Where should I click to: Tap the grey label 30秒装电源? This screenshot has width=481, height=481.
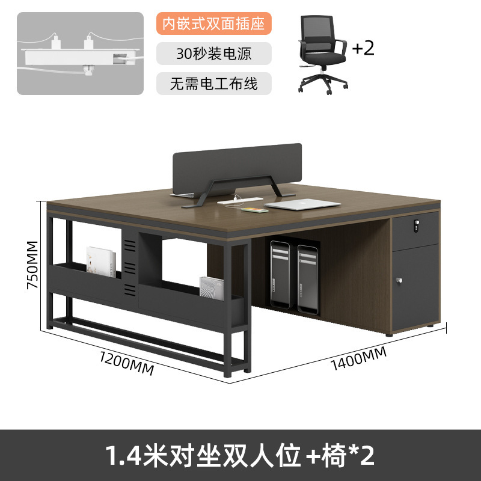coord(214,54)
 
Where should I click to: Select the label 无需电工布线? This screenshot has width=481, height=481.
coord(214,83)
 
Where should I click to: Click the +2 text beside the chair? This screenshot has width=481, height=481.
coord(363,48)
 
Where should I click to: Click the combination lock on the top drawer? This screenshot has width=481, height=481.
coord(414,225)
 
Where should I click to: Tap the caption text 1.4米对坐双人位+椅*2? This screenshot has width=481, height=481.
coord(240,455)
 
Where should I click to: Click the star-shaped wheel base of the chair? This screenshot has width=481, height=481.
coord(324,84)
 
